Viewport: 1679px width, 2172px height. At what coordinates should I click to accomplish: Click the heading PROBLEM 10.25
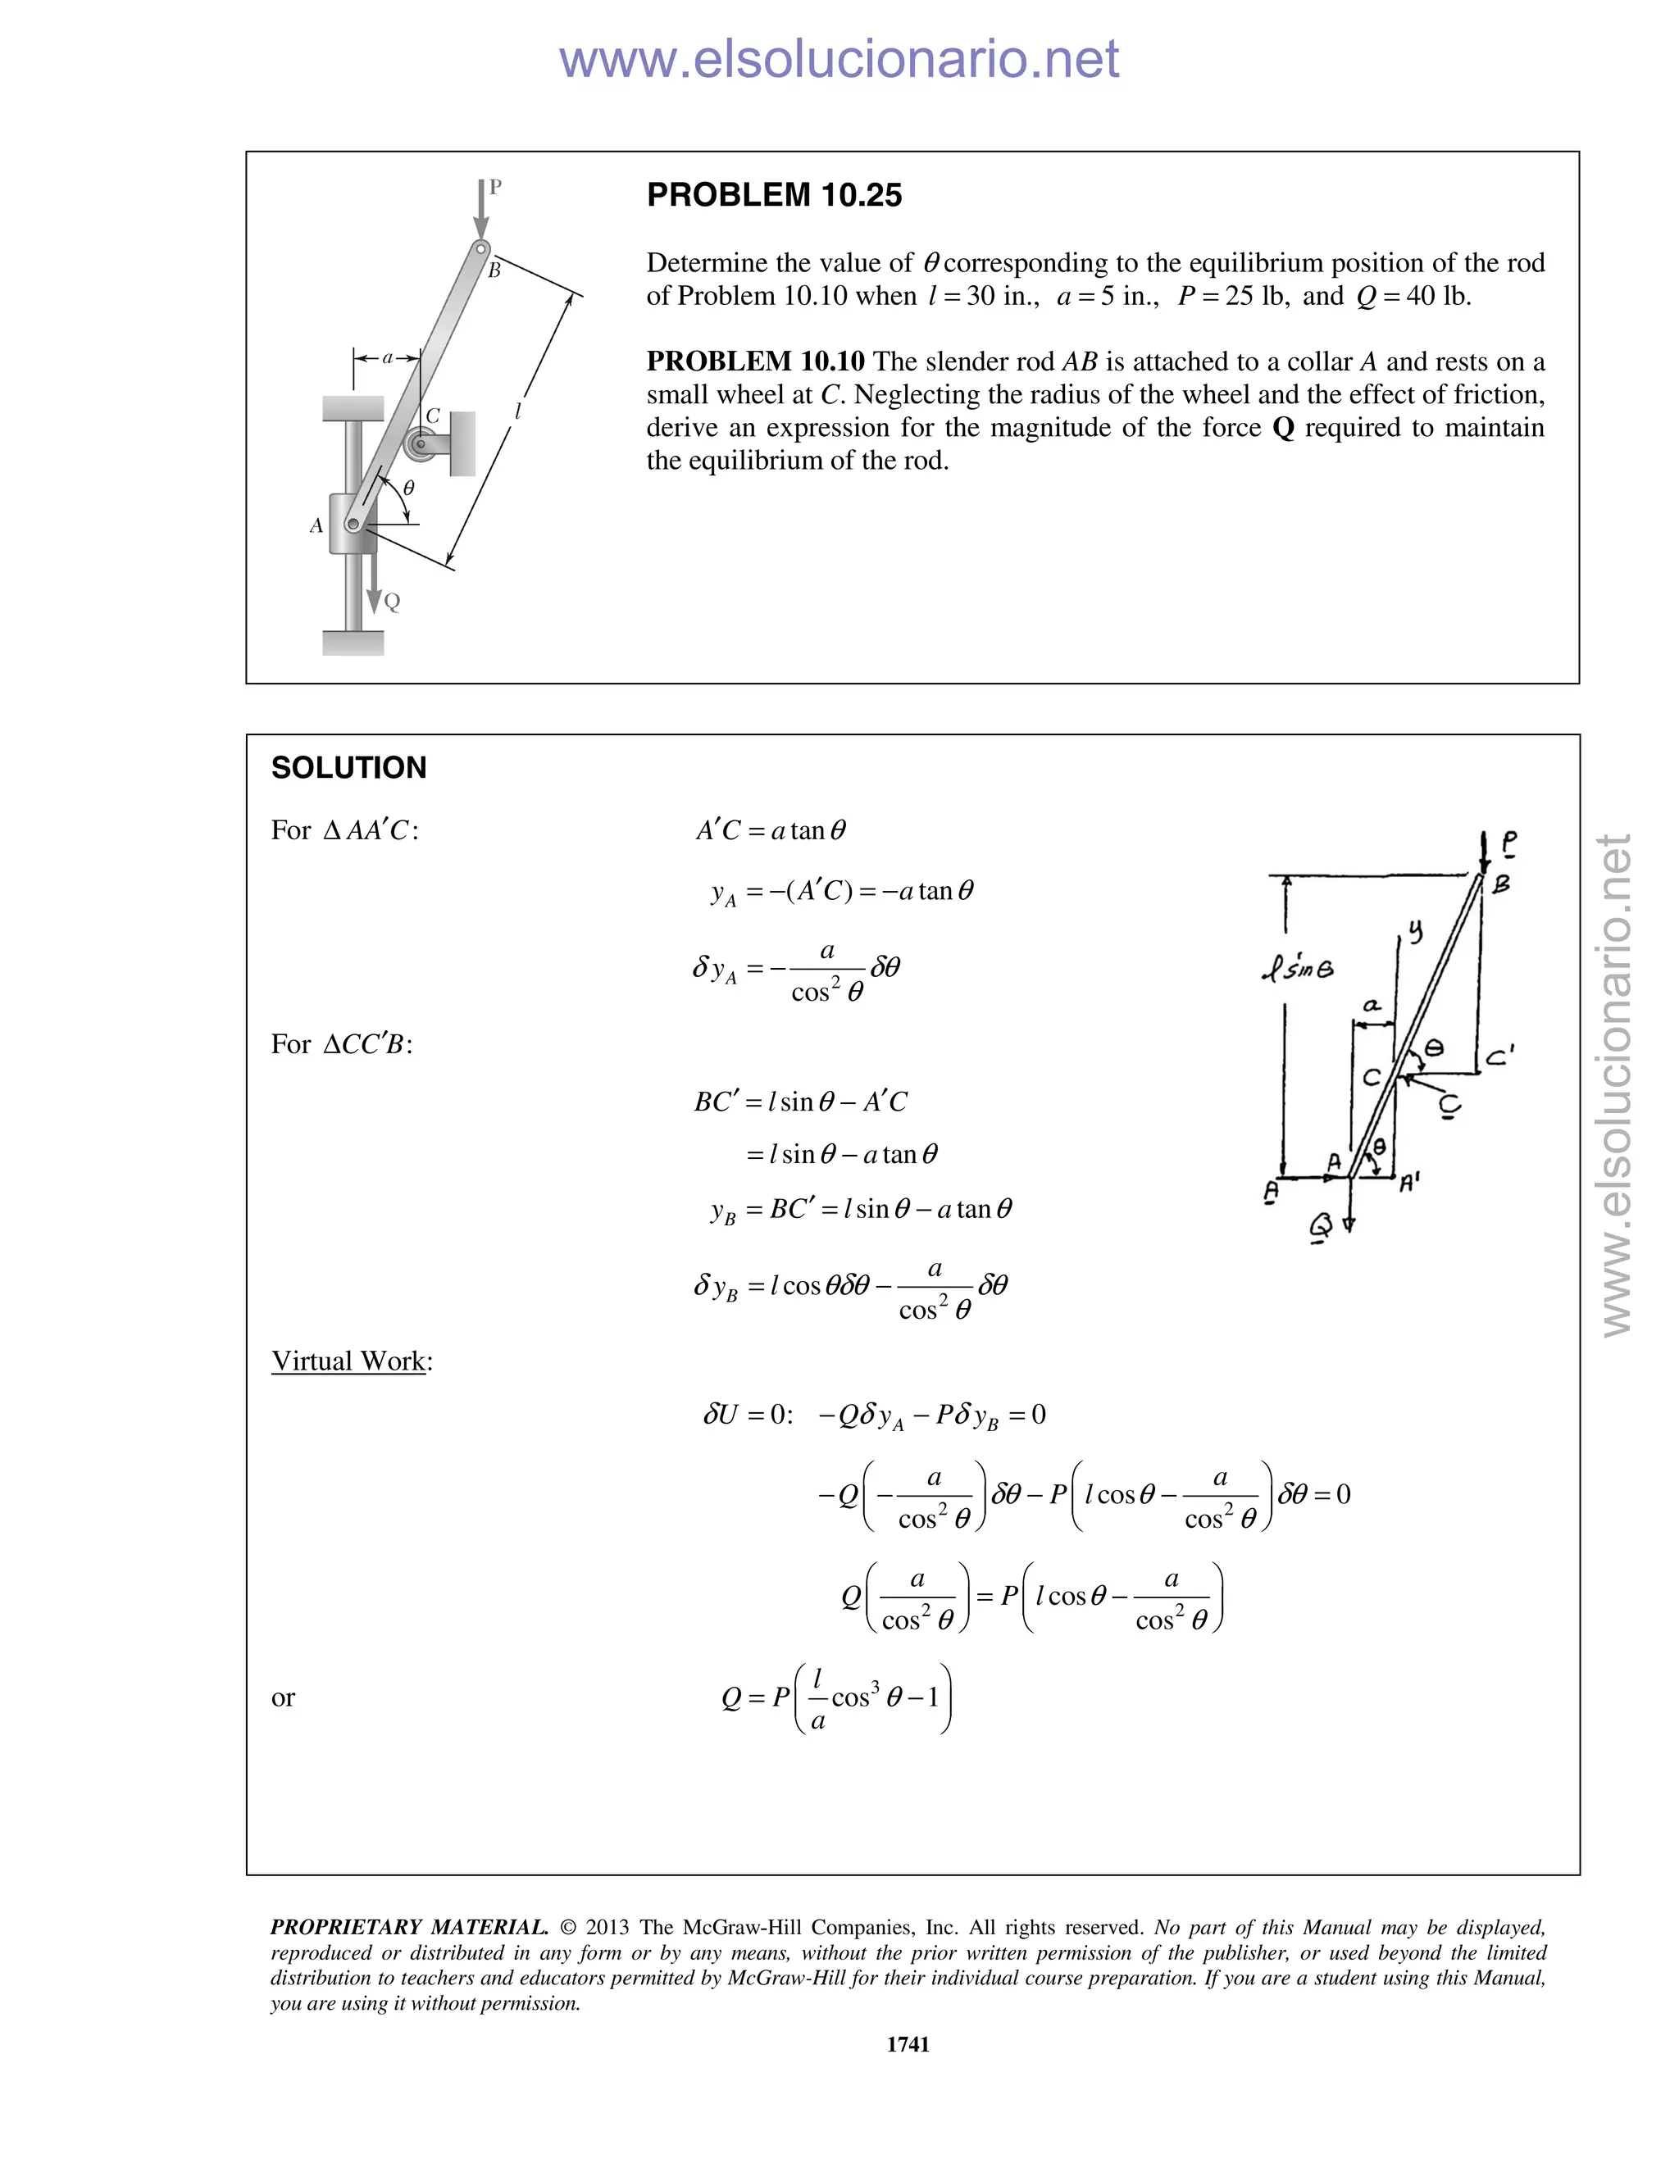774,195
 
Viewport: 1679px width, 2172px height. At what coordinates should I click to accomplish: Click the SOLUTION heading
348,768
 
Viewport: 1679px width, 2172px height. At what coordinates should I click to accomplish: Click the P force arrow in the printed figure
481,210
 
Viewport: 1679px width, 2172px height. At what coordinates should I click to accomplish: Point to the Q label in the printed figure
392,602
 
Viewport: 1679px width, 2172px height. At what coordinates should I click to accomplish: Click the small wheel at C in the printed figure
421,443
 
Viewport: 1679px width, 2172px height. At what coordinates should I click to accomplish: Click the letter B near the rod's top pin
494,270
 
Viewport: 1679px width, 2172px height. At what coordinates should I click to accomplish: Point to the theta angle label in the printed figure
407,488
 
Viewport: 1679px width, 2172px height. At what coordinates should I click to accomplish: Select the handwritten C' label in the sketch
1499,1057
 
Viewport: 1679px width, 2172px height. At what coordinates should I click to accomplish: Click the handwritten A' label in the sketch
1409,1183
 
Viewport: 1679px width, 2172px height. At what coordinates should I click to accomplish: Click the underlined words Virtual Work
348,1361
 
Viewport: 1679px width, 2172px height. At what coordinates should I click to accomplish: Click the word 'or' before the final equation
283,1697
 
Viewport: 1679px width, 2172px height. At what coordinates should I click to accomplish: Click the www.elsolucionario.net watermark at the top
839,59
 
